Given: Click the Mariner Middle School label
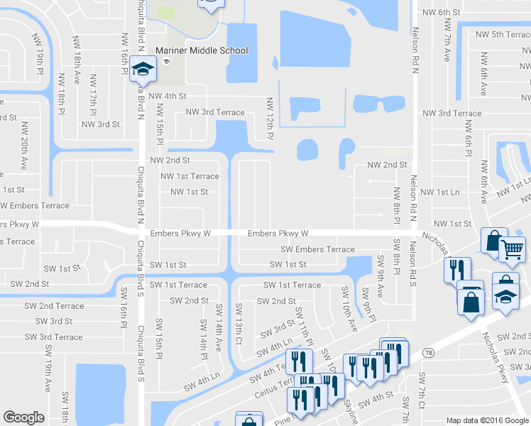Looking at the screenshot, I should [202, 50].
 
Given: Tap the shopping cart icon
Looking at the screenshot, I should [513, 249].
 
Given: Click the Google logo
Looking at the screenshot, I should [24, 417].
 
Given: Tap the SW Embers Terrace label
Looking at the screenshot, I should [317, 249].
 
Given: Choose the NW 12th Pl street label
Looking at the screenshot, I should [270, 118].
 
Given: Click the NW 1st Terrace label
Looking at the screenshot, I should [190, 176].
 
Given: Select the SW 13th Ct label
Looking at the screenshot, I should [239, 322].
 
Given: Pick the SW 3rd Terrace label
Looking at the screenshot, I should [58, 337].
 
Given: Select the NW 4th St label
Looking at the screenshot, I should [168, 96].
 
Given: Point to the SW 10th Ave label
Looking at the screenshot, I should [348, 309].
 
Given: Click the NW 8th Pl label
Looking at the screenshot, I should [397, 204].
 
